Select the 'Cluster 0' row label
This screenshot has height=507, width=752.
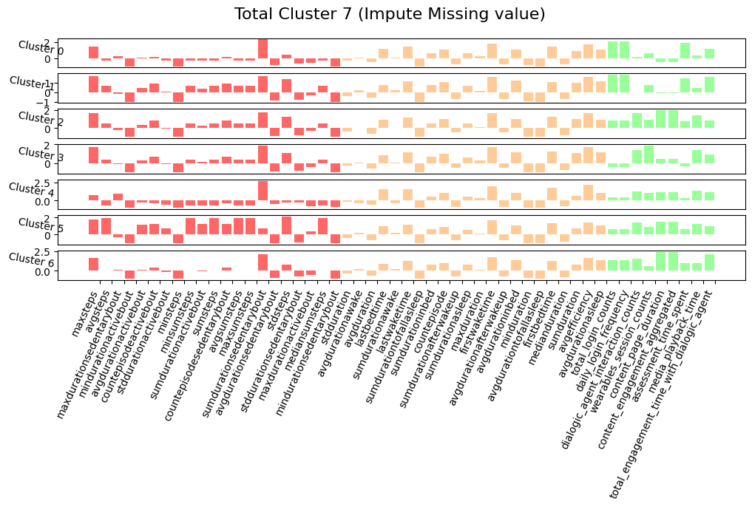click(x=41, y=49)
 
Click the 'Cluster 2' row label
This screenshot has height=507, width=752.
click(x=41, y=119)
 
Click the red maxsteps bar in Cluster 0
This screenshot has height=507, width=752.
click(x=93, y=52)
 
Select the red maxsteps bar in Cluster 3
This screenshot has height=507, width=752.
click(x=93, y=155)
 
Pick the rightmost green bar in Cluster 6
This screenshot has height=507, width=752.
click(x=709, y=262)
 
